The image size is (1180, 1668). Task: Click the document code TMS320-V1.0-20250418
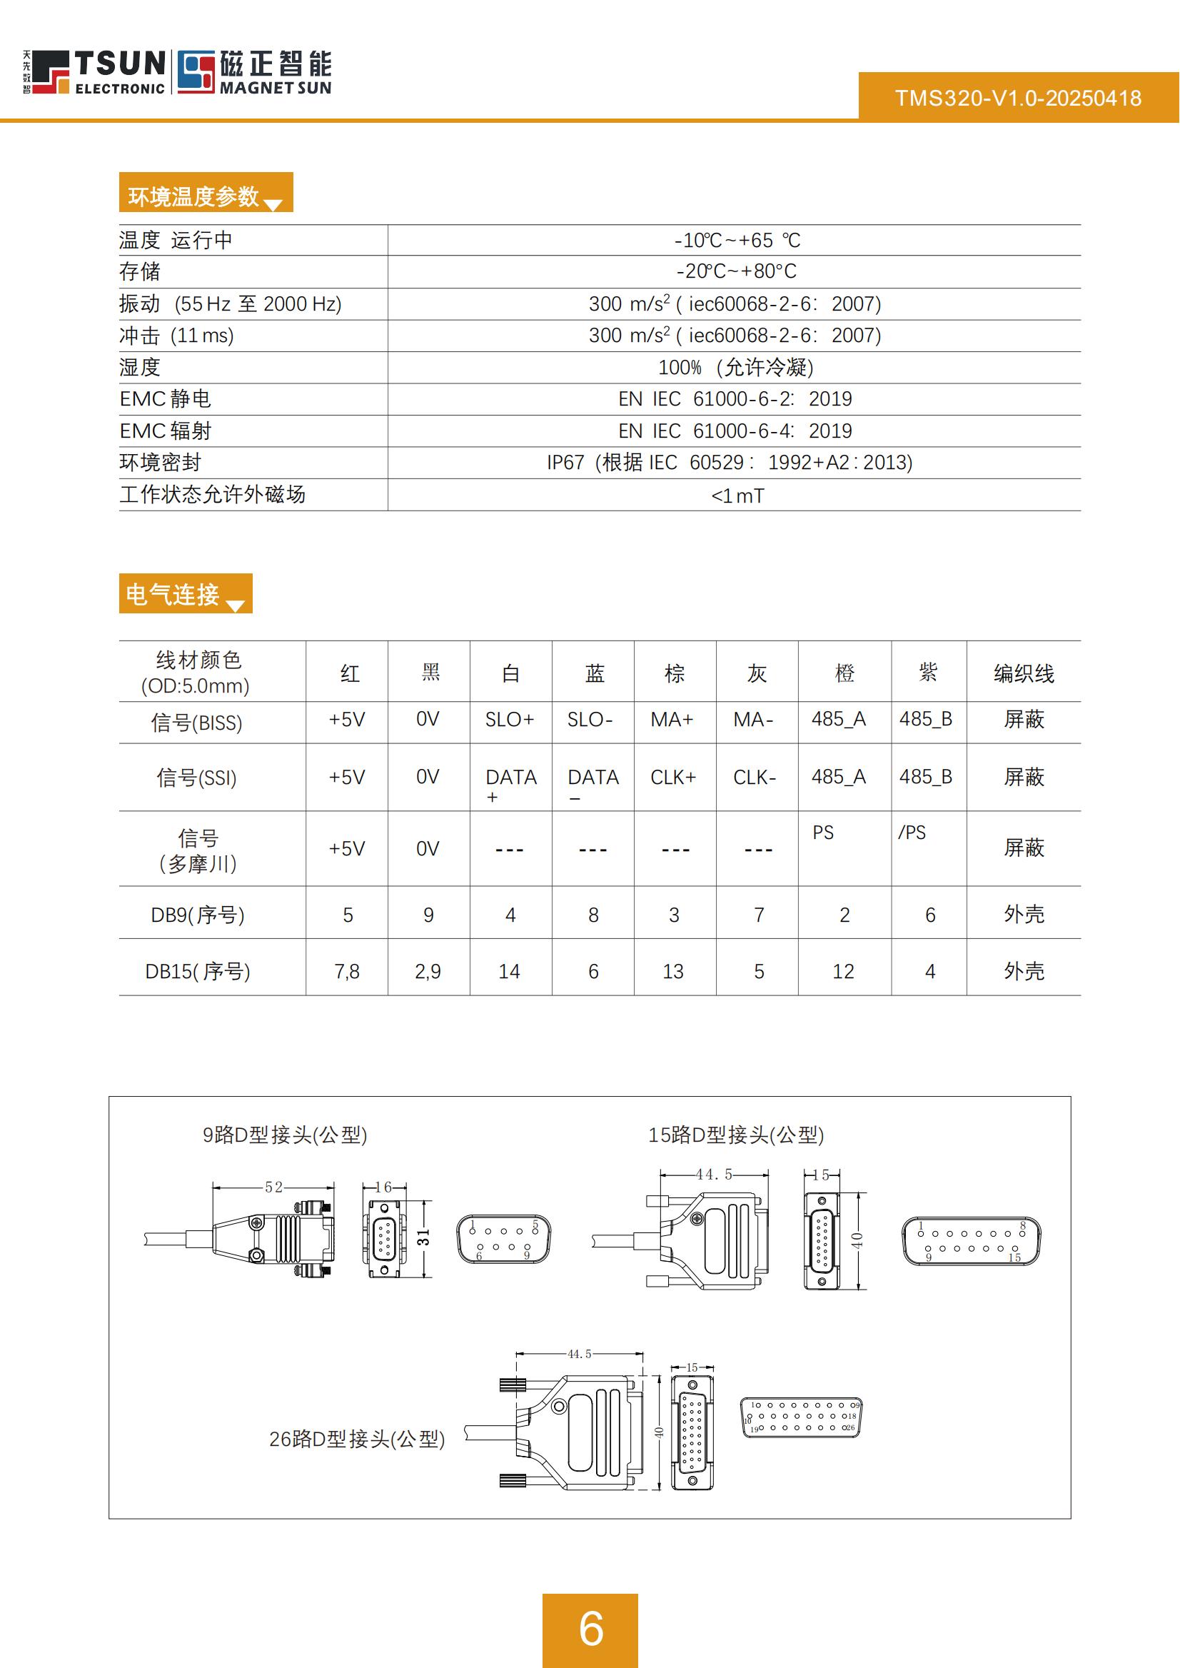pyautogui.click(x=1017, y=98)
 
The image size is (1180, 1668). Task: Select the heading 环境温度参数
pyautogui.click(x=194, y=196)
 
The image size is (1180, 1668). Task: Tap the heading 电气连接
pyautogui.click(x=173, y=595)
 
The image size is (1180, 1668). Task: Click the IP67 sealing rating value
pyautogui.click(x=729, y=462)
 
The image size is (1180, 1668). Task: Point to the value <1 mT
pyautogui.click(x=737, y=496)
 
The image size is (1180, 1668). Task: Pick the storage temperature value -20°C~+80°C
pyautogui.click(x=736, y=271)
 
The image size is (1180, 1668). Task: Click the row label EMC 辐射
pyautogui.click(x=165, y=431)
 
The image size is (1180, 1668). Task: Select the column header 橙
pyautogui.click(x=844, y=673)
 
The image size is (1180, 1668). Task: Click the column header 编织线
pyautogui.click(x=1023, y=673)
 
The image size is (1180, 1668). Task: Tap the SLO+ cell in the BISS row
pyautogui.click(x=510, y=720)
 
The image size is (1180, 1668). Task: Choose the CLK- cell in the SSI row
pyautogui.click(x=755, y=778)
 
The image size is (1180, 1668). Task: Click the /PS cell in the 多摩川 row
pyautogui.click(x=912, y=832)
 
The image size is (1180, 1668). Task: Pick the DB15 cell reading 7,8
pyautogui.click(x=347, y=971)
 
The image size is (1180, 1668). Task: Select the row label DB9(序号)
pyautogui.click(x=198, y=914)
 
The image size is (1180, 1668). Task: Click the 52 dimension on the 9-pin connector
pyautogui.click(x=274, y=1187)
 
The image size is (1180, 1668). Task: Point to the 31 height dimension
pyautogui.click(x=423, y=1236)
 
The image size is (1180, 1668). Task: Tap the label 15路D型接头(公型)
pyautogui.click(x=735, y=1135)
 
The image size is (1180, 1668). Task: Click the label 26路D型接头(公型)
pyautogui.click(x=357, y=1438)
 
